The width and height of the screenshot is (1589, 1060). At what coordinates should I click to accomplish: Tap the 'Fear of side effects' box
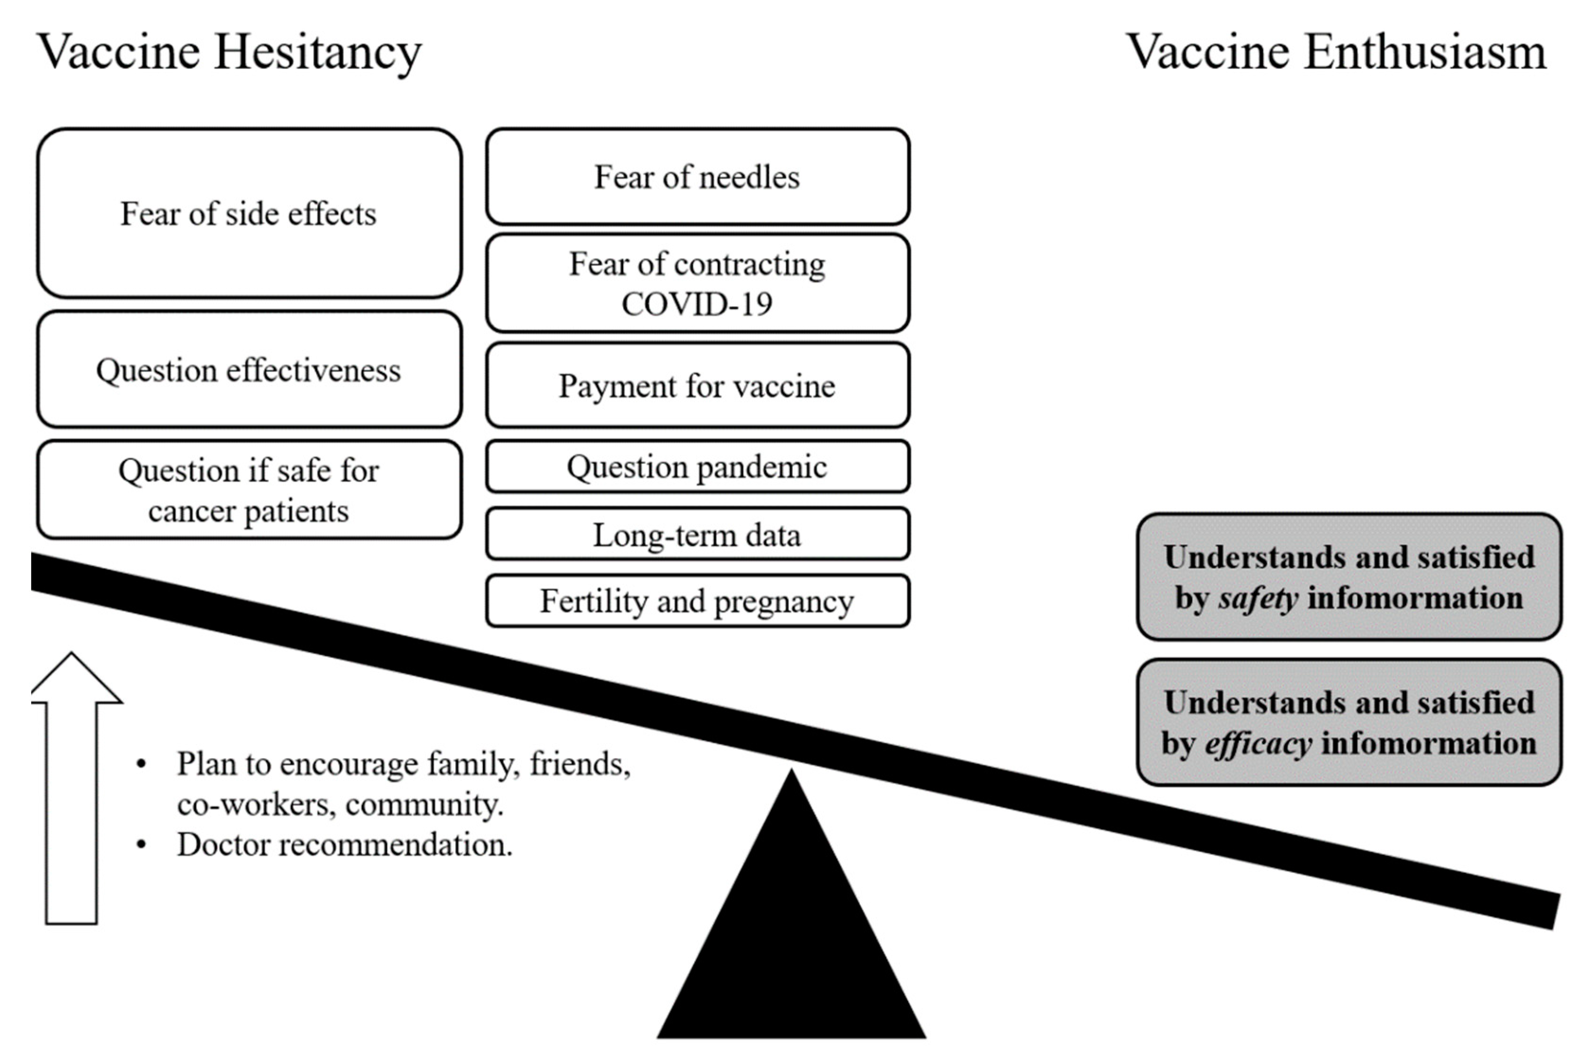pyautogui.click(x=249, y=213)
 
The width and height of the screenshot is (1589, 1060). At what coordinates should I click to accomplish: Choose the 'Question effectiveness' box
pyautogui.click(x=249, y=370)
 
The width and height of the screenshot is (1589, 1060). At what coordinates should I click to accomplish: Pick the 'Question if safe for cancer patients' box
pyautogui.click(x=249, y=490)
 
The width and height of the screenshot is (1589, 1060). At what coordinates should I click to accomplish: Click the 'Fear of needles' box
pyautogui.click(x=697, y=177)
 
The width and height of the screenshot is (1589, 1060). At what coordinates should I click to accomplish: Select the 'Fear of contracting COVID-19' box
pyautogui.click(x=697, y=283)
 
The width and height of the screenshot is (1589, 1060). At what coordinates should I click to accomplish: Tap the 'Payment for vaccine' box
pyautogui.click(x=697, y=385)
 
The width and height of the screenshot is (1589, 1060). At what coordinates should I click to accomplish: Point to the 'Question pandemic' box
pyautogui.click(x=697, y=466)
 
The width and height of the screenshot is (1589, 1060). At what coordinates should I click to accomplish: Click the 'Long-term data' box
pyautogui.click(x=697, y=534)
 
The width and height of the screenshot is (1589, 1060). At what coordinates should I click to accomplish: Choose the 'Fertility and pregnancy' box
pyautogui.click(x=697, y=600)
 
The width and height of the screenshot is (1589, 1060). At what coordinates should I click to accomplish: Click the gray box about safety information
pyautogui.click(x=1348, y=577)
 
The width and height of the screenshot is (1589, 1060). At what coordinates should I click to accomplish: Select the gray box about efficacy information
pyautogui.click(x=1348, y=722)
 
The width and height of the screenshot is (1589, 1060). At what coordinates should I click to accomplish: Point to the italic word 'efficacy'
pyautogui.click(x=1259, y=744)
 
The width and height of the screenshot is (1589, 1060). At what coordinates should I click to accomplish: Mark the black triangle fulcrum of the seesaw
pyautogui.click(x=791, y=946)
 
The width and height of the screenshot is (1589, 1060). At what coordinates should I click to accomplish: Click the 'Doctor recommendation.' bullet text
pyautogui.click(x=345, y=844)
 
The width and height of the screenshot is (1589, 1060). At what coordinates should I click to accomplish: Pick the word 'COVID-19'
pyautogui.click(x=697, y=303)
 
